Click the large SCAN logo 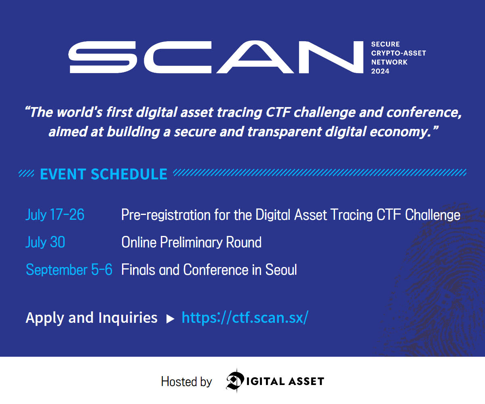(x=216, y=57)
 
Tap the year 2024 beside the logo (x=380, y=72)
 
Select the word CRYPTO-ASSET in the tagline (x=399, y=53)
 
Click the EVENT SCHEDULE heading (x=103, y=174)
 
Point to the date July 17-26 (x=55, y=215)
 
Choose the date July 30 (x=45, y=242)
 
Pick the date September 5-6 (x=69, y=269)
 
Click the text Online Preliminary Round (x=191, y=242)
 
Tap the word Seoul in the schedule (x=281, y=269)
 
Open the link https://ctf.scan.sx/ (x=245, y=318)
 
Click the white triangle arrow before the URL (x=170, y=319)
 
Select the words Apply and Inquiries (x=91, y=318)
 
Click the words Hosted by (x=186, y=381)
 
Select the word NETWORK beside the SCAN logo (x=390, y=62)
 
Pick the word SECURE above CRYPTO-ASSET (x=386, y=44)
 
